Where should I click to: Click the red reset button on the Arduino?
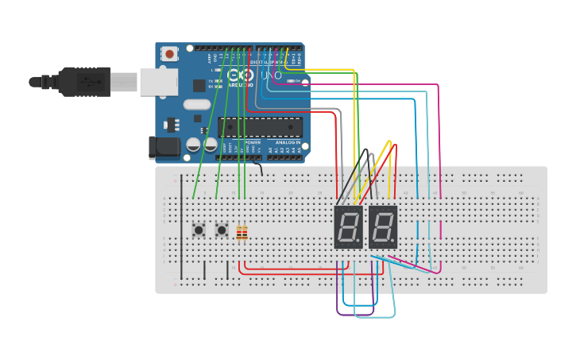169,54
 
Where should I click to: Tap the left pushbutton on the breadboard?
199,230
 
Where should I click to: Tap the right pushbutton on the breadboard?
222,230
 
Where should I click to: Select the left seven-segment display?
348,227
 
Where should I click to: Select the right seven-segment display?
382,227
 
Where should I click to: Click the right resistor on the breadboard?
245,233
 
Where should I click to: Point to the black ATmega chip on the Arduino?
260,127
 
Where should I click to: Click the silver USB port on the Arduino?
157,81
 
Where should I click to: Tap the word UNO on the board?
271,75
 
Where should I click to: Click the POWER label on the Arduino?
242,142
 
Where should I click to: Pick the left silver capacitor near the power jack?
193,145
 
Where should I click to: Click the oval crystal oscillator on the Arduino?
196,104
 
